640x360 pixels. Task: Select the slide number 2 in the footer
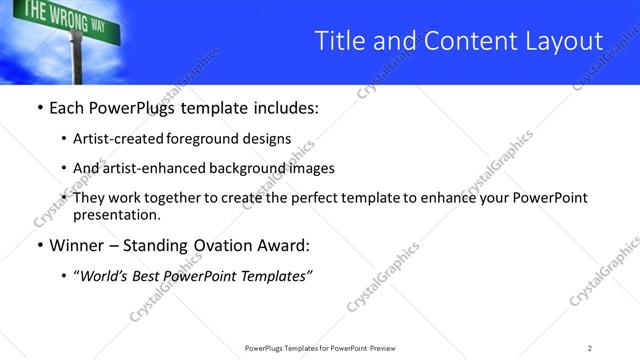[x=590, y=348]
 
